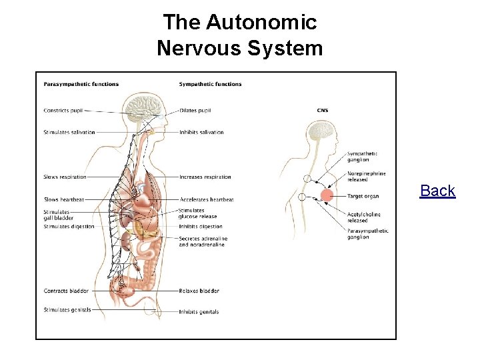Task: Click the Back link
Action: point(437,191)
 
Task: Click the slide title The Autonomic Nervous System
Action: point(240,35)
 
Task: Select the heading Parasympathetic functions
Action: point(81,84)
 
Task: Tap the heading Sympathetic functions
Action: point(210,84)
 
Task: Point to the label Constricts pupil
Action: point(63,111)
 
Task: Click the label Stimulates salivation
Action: point(69,132)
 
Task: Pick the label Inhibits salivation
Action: point(201,132)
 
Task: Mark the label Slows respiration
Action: point(65,177)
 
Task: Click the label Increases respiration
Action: point(205,177)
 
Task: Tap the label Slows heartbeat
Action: point(64,199)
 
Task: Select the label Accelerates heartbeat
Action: point(206,199)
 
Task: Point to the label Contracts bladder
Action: point(65,291)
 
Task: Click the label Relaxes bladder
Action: point(199,291)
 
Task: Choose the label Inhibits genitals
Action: point(199,312)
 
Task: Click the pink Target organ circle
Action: point(327,195)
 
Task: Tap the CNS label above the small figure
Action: point(322,111)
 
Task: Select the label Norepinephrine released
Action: point(366,177)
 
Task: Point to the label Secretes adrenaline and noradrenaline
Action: point(203,241)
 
